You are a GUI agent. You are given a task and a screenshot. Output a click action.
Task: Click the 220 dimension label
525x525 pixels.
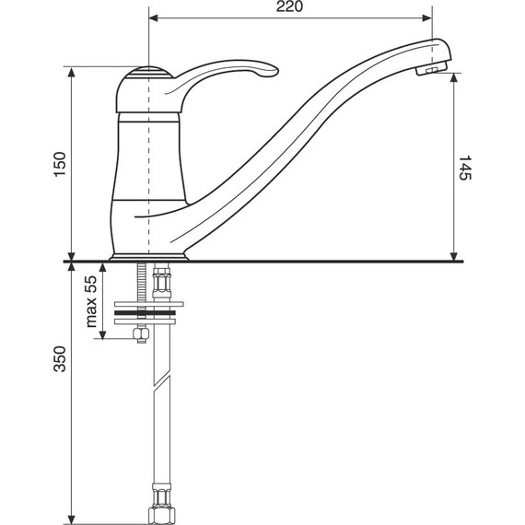pyautogui.click(x=289, y=6)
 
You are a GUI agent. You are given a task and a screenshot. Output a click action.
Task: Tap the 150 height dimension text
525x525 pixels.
pyautogui.click(x=60, y=164)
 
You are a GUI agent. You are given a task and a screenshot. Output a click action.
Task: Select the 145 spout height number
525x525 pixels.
pyautogui.click(x=464, y=168)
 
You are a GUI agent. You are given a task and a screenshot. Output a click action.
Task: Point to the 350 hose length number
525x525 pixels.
pyautogui.click(x=60, y=359)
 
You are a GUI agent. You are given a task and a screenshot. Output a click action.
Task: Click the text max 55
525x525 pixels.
pyautogui.click(x=91, y=301)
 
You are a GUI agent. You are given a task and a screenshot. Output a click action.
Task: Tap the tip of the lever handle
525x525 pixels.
pyautogui.click(x=276, y=71)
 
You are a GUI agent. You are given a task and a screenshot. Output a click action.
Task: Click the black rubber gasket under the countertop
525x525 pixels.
pyautogui.click(x=145, y=313)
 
